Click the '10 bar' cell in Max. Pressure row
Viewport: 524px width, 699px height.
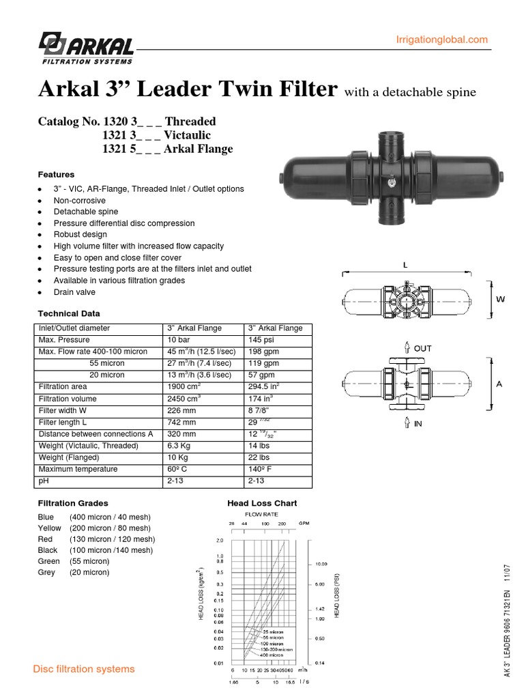(x=179, y=340)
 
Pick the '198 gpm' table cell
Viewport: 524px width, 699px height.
(x=265, y=352)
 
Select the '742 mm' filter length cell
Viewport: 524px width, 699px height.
(x=181, y=422)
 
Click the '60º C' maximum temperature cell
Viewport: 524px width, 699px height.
(x=179, y=469)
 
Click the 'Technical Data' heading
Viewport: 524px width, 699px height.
(x=68, y=313)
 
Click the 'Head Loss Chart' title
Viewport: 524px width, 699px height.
(x=262, y=503)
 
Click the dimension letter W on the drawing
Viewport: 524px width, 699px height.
(x=501, y=299)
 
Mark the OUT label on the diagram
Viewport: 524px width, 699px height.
(x=422, y=348)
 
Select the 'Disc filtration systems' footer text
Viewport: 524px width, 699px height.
(x=84, y=669)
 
